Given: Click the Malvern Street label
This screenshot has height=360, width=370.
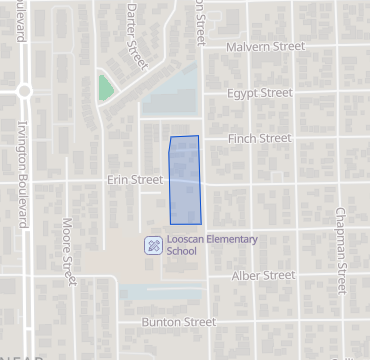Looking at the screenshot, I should click(265, 47).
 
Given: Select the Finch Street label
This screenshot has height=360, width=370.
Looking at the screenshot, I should click(260, 138).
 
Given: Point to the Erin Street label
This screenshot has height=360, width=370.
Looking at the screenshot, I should click(134, 180).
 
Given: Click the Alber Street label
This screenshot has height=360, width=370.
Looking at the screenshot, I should click(264, 275).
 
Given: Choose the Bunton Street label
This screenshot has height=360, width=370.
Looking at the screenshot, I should click(178, 322).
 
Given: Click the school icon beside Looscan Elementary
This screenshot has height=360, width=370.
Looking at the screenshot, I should click(153, 245).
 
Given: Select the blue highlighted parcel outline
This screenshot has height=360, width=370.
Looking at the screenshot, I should click(184, 180).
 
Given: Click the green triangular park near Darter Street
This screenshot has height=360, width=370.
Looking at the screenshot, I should click(105, 88).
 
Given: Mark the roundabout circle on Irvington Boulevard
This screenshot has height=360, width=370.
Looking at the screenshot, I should click(23, 90).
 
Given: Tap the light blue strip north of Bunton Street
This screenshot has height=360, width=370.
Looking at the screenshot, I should click(160, 293).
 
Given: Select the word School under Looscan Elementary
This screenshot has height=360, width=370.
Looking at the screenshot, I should click(182, 252).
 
